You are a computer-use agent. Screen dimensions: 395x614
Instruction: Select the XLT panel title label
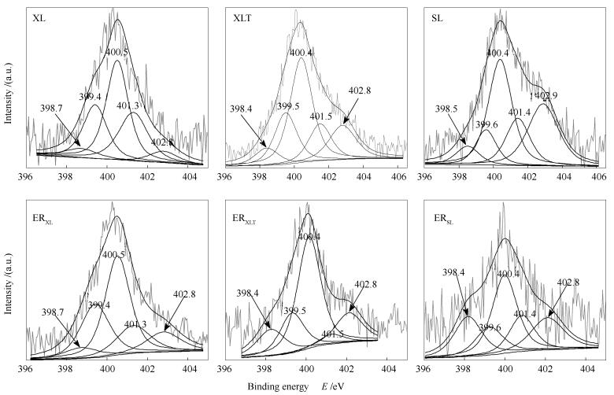click(243, 19)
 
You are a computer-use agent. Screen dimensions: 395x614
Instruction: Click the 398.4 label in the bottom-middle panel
click(249, 293)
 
